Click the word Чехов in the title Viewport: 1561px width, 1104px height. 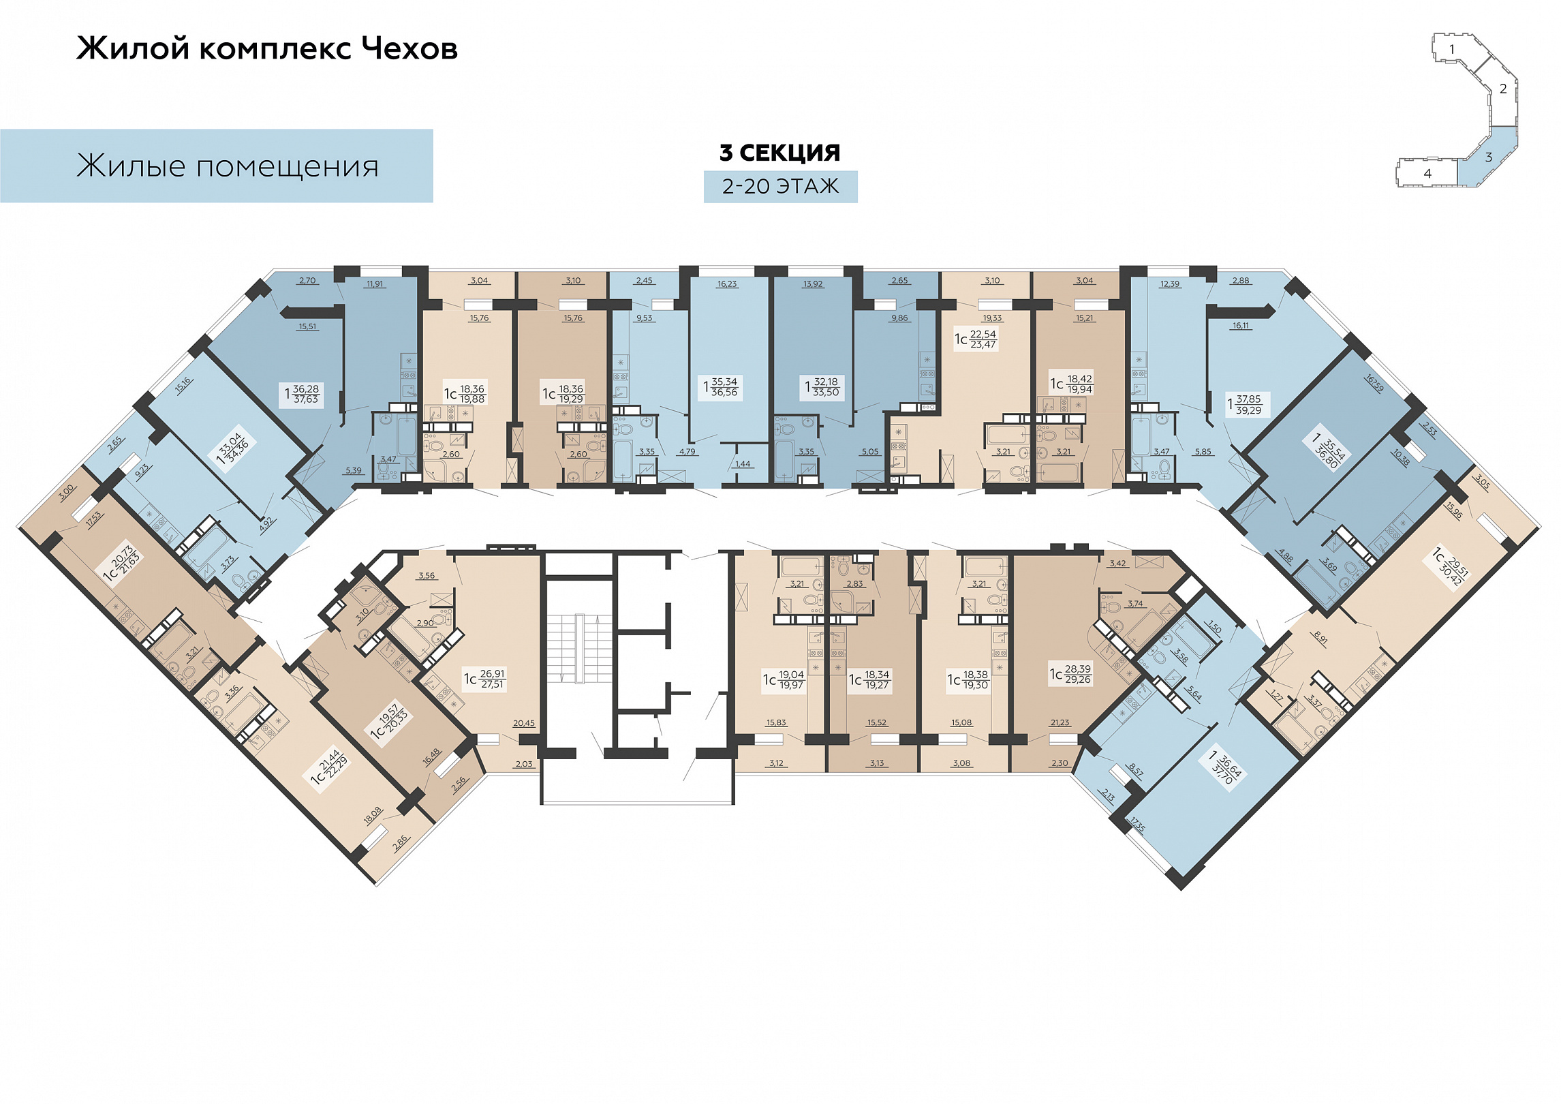point(409,48)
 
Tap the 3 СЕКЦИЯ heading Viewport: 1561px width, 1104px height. point(780,153)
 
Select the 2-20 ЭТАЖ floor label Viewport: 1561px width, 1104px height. point(780,186)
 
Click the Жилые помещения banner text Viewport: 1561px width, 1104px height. point(228,166)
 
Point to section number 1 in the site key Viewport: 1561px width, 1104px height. point(1452,49)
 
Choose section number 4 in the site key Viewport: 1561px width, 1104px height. point(1427,174)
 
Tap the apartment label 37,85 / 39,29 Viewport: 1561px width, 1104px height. point(1244,405)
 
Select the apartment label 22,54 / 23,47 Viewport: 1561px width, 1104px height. point(976,339)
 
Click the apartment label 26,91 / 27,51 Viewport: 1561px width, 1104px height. point(485,679)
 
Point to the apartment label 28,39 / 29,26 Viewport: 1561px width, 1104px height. point(1071,674)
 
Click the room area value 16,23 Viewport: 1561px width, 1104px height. point(727,284)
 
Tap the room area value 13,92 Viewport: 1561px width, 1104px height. point(813,284)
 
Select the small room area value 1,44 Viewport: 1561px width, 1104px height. point(743,464)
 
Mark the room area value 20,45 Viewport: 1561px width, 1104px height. point(524,724)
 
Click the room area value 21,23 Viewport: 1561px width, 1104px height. point(1060,723)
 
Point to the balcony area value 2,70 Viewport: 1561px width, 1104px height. point(307,280)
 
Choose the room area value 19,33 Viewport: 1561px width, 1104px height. point(992,318)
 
